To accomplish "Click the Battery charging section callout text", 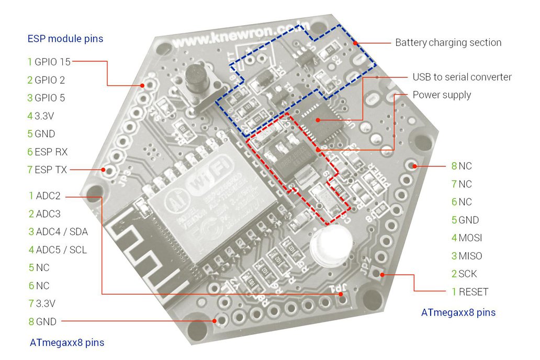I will point(448,43).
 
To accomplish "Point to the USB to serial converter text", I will point(462,77).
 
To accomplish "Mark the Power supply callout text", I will point(442,95).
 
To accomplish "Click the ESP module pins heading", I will point(65,39).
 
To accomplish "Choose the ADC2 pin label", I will point(48,196).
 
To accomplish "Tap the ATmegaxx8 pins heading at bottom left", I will point(66,343).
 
